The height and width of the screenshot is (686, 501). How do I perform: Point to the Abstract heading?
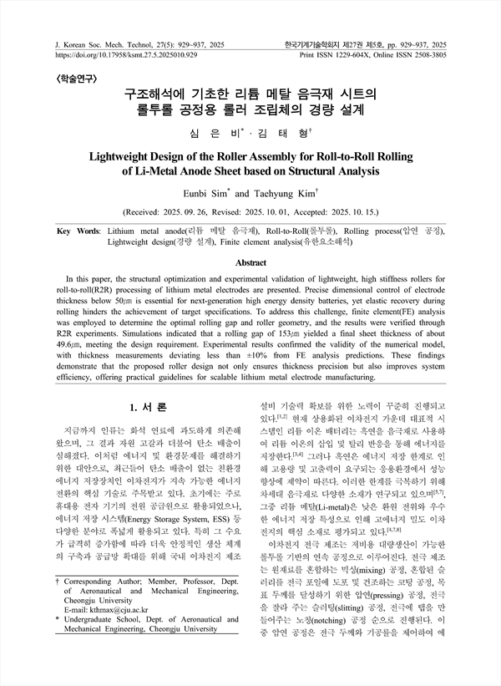(x=250, y=261)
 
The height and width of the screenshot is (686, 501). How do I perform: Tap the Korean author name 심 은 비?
(x=218, y=131)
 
